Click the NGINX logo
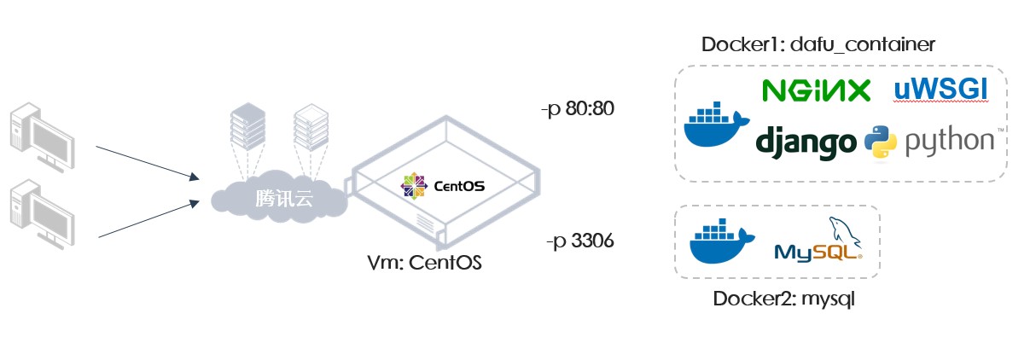(817, 90)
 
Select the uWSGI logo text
(940, 89)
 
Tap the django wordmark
(806, 142)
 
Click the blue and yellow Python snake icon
(881, 142)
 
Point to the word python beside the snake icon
(950, 141)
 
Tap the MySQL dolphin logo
(818, 239)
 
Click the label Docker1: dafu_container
(818, 44)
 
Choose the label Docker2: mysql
(784, 299)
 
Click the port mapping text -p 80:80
(578, 109)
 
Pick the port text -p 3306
(580, 241)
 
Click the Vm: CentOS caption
(425, 263)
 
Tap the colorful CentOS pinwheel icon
(414, 186)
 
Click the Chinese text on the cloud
(284, 199)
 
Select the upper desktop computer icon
(42, 137)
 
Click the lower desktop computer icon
(42, 215)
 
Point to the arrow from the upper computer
(148, 163)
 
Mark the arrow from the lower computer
(149, 219)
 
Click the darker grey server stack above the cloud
(247, 126)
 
